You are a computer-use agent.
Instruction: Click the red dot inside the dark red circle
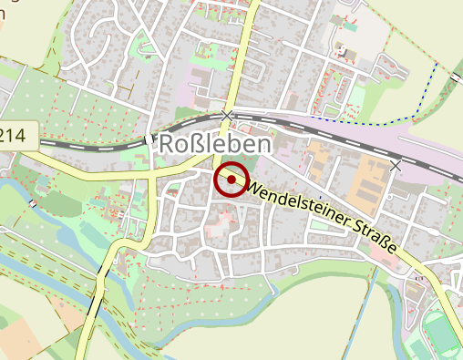pyautogui.click(x=231, y=180)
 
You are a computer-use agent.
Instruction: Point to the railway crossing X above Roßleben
pyautogui.click(x=227, y=114)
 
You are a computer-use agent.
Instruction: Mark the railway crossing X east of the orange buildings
pyautogui.click(x=396, y=166)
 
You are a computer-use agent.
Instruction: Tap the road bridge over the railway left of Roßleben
pyautogui.click(x=147, y=141)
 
